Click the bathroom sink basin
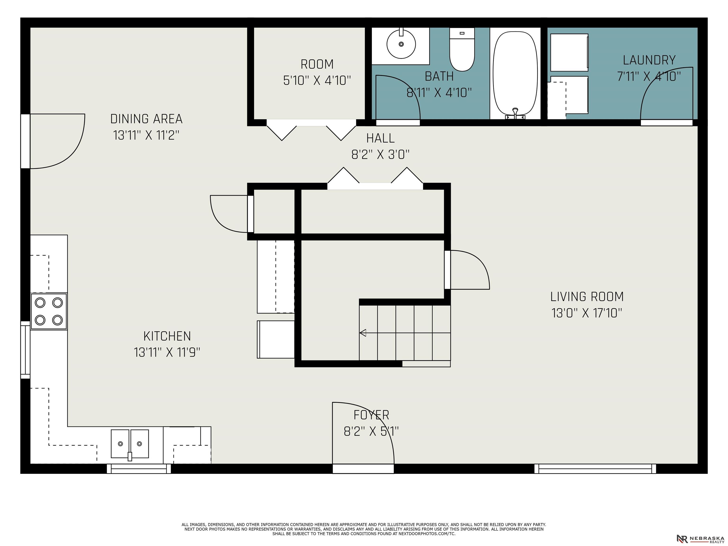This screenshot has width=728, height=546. coord(401,44)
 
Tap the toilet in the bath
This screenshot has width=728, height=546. coord(462,49)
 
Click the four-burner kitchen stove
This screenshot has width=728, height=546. coord(49,311)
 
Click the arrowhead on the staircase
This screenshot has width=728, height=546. coord(363,333)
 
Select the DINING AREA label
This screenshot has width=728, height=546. coord(146,119)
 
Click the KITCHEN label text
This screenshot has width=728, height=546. coord(167,336)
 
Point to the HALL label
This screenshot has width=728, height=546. coord(380,138)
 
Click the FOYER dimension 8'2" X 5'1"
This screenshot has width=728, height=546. coord(371,431)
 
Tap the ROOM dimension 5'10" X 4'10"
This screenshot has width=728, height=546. coord(317,80)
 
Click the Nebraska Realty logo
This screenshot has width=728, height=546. coord(700,538)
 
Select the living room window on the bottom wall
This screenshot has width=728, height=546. coord(595,469)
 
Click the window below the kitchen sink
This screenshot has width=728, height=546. coord(139,469)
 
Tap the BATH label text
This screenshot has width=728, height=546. coord(439,76)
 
